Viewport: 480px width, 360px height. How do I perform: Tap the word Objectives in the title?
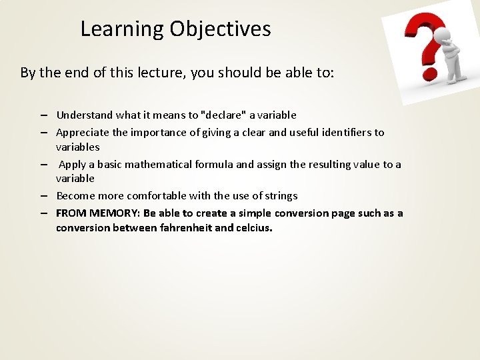click(x=220, y=29)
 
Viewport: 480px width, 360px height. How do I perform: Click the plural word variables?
click(x=77, y=147)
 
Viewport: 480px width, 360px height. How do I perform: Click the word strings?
click(x=280, y=196)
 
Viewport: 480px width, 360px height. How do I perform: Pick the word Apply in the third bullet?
click(x=71, y=164)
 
